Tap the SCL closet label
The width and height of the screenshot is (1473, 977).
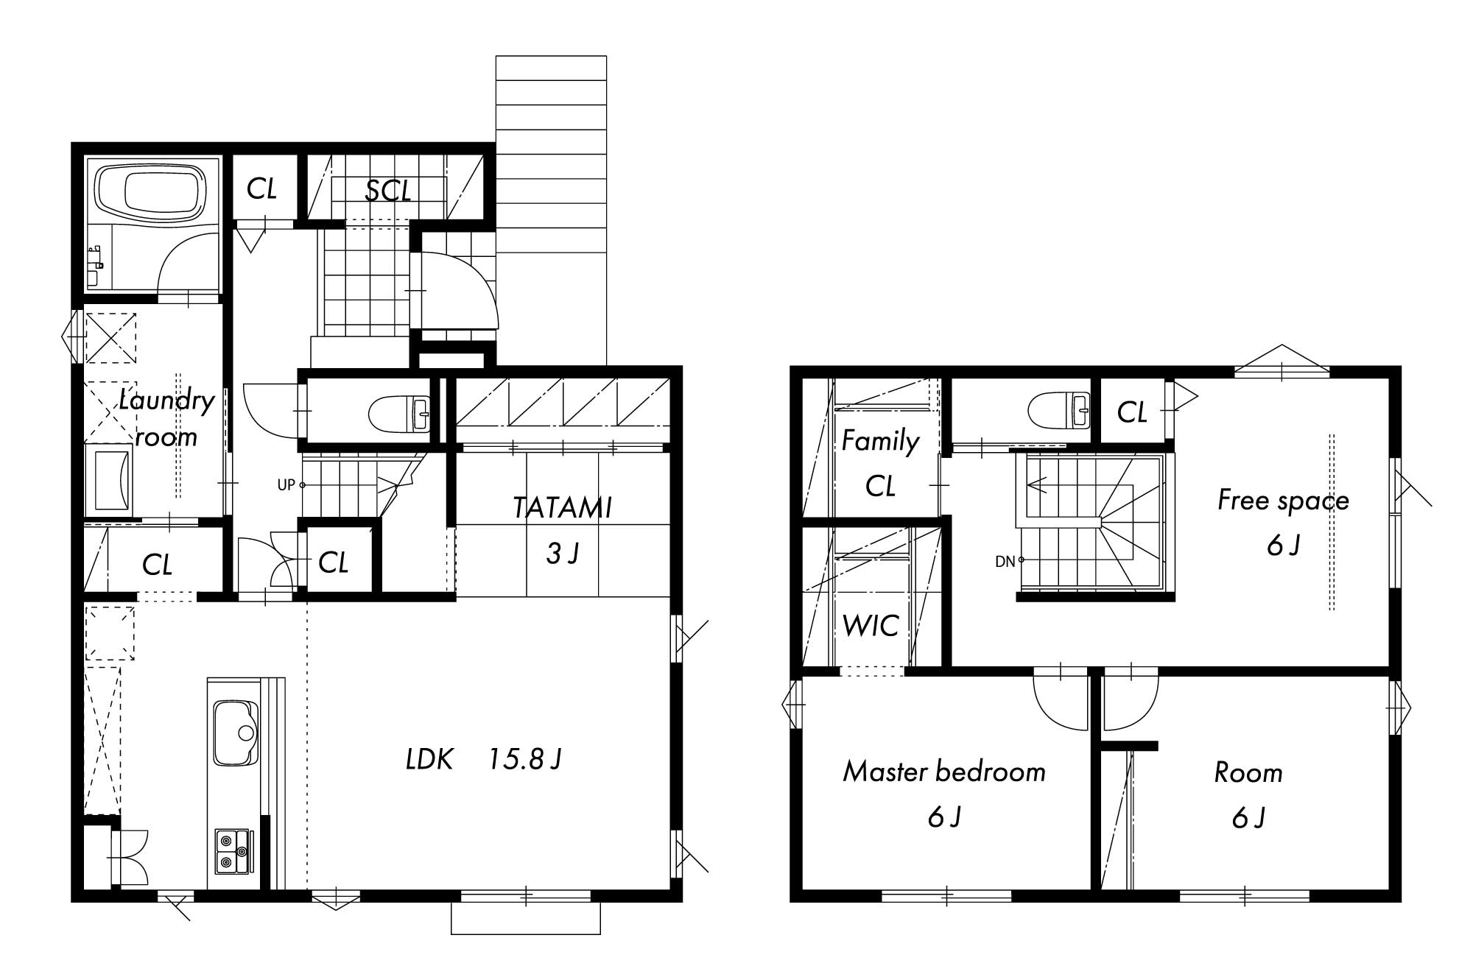(x=388, y=191)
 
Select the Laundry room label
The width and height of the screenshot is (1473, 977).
(x=167, y=417)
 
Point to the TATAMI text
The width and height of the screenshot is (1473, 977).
(x=563, y=507)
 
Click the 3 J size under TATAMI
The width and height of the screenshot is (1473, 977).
(x=563, y=554)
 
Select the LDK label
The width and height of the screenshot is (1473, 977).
(x=429, y=759)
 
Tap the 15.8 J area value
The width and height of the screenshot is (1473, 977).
(x=525, y=759)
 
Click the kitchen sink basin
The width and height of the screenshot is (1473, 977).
(x=235, y=733)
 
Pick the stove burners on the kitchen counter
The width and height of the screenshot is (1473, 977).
(x=234, y=851)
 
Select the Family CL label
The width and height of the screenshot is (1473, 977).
(x=880, y=463)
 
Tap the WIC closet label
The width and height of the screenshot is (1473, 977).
(x=871, y=626)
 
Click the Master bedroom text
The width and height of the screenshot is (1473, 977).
(x=944, y=772)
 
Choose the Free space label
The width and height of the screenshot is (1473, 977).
(x=1283, y=501)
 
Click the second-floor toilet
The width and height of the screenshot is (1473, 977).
(x=1058, y=410)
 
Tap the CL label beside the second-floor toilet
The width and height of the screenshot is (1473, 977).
(x=1132, y=412)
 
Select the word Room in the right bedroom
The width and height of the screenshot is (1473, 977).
(x=1248, y=773)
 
